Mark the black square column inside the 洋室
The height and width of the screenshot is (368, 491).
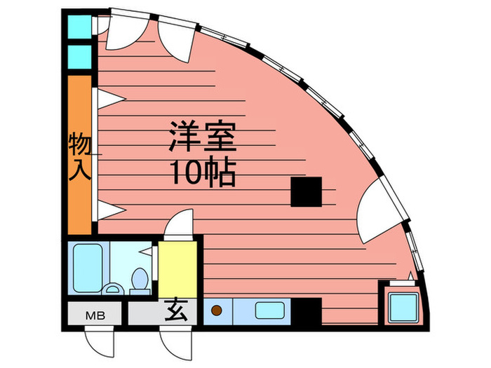click(x=307, y=192)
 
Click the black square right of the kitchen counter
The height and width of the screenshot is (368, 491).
click(x=307, y=311)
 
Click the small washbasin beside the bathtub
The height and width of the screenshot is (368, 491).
click(x=112, y=289)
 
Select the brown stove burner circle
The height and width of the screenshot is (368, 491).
click(x=217, y=308)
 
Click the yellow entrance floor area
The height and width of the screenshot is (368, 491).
click(x=177, y=268)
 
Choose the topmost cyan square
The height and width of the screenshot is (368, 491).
click(x=79, y=27)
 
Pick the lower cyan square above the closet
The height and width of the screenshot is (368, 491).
click(x=79, y=57)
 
